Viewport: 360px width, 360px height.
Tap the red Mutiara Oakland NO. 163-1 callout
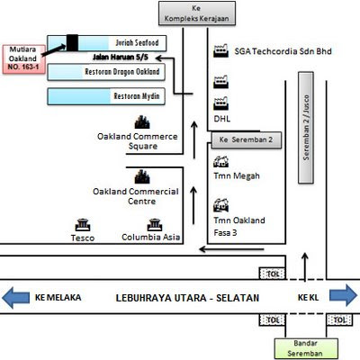(27, 58)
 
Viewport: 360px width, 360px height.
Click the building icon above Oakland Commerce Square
(140, 121)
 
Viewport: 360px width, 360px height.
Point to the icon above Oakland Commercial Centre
(140, 176)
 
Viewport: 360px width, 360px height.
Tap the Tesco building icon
(83, 224)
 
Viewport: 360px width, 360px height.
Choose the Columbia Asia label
(147, 238)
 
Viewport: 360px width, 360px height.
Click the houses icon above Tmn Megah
(219, 163)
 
